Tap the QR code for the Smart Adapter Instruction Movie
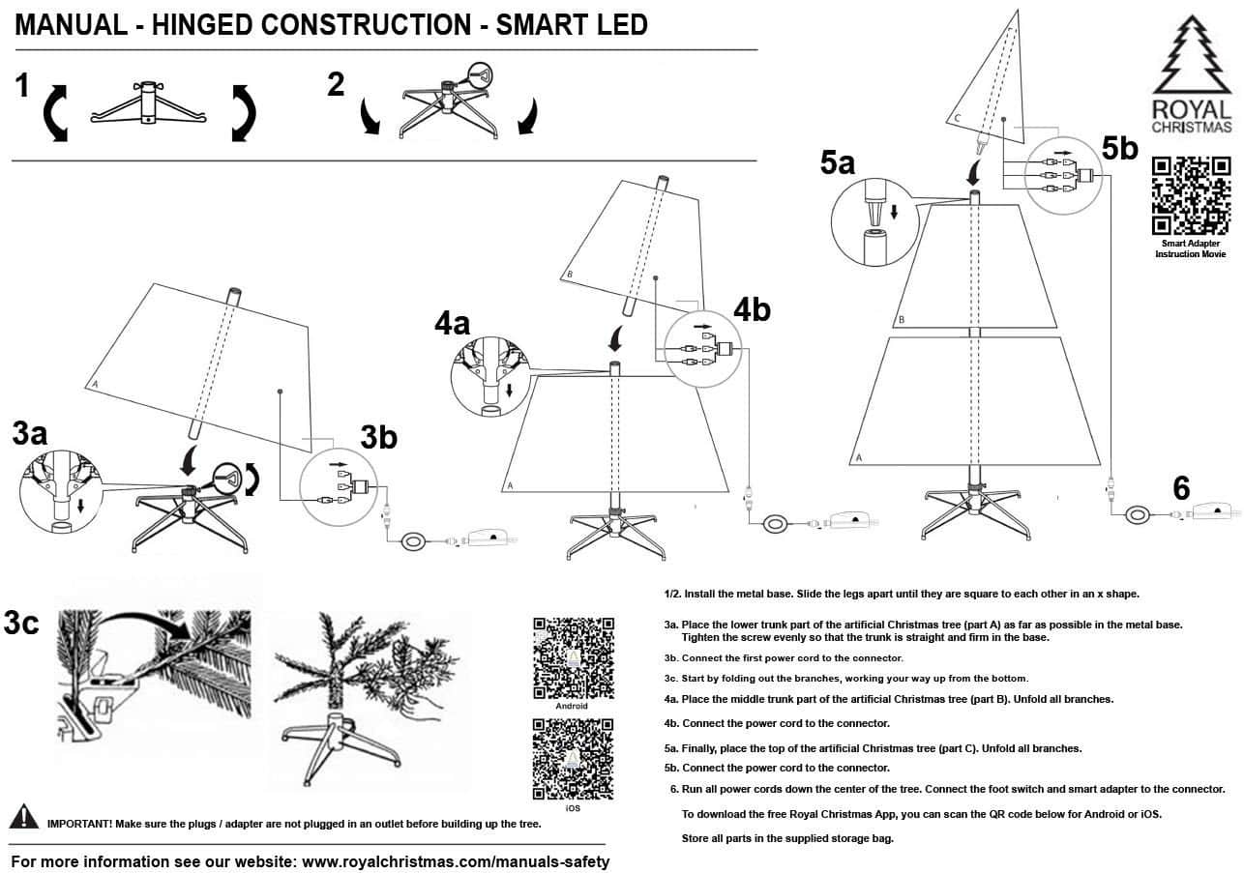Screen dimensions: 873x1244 tap(1192, 194)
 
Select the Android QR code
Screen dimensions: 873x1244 tap(573, 656)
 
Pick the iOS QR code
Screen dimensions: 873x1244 tap(573, 758)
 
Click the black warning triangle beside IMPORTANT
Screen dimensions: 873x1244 tap(24, 817)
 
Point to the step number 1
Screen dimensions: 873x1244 tap(22, 86)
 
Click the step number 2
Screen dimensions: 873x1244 tap(336, 85)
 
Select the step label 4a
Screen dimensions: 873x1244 tap(451, 322)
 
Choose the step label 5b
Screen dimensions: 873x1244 tap(1121, 148)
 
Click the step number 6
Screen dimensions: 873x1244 tap(1180, 488)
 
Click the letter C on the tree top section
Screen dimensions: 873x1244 tap(957, 118)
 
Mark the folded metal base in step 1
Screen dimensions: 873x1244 tap(148, 103)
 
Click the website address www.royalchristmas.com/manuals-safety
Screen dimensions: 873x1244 tap(456, 860)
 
